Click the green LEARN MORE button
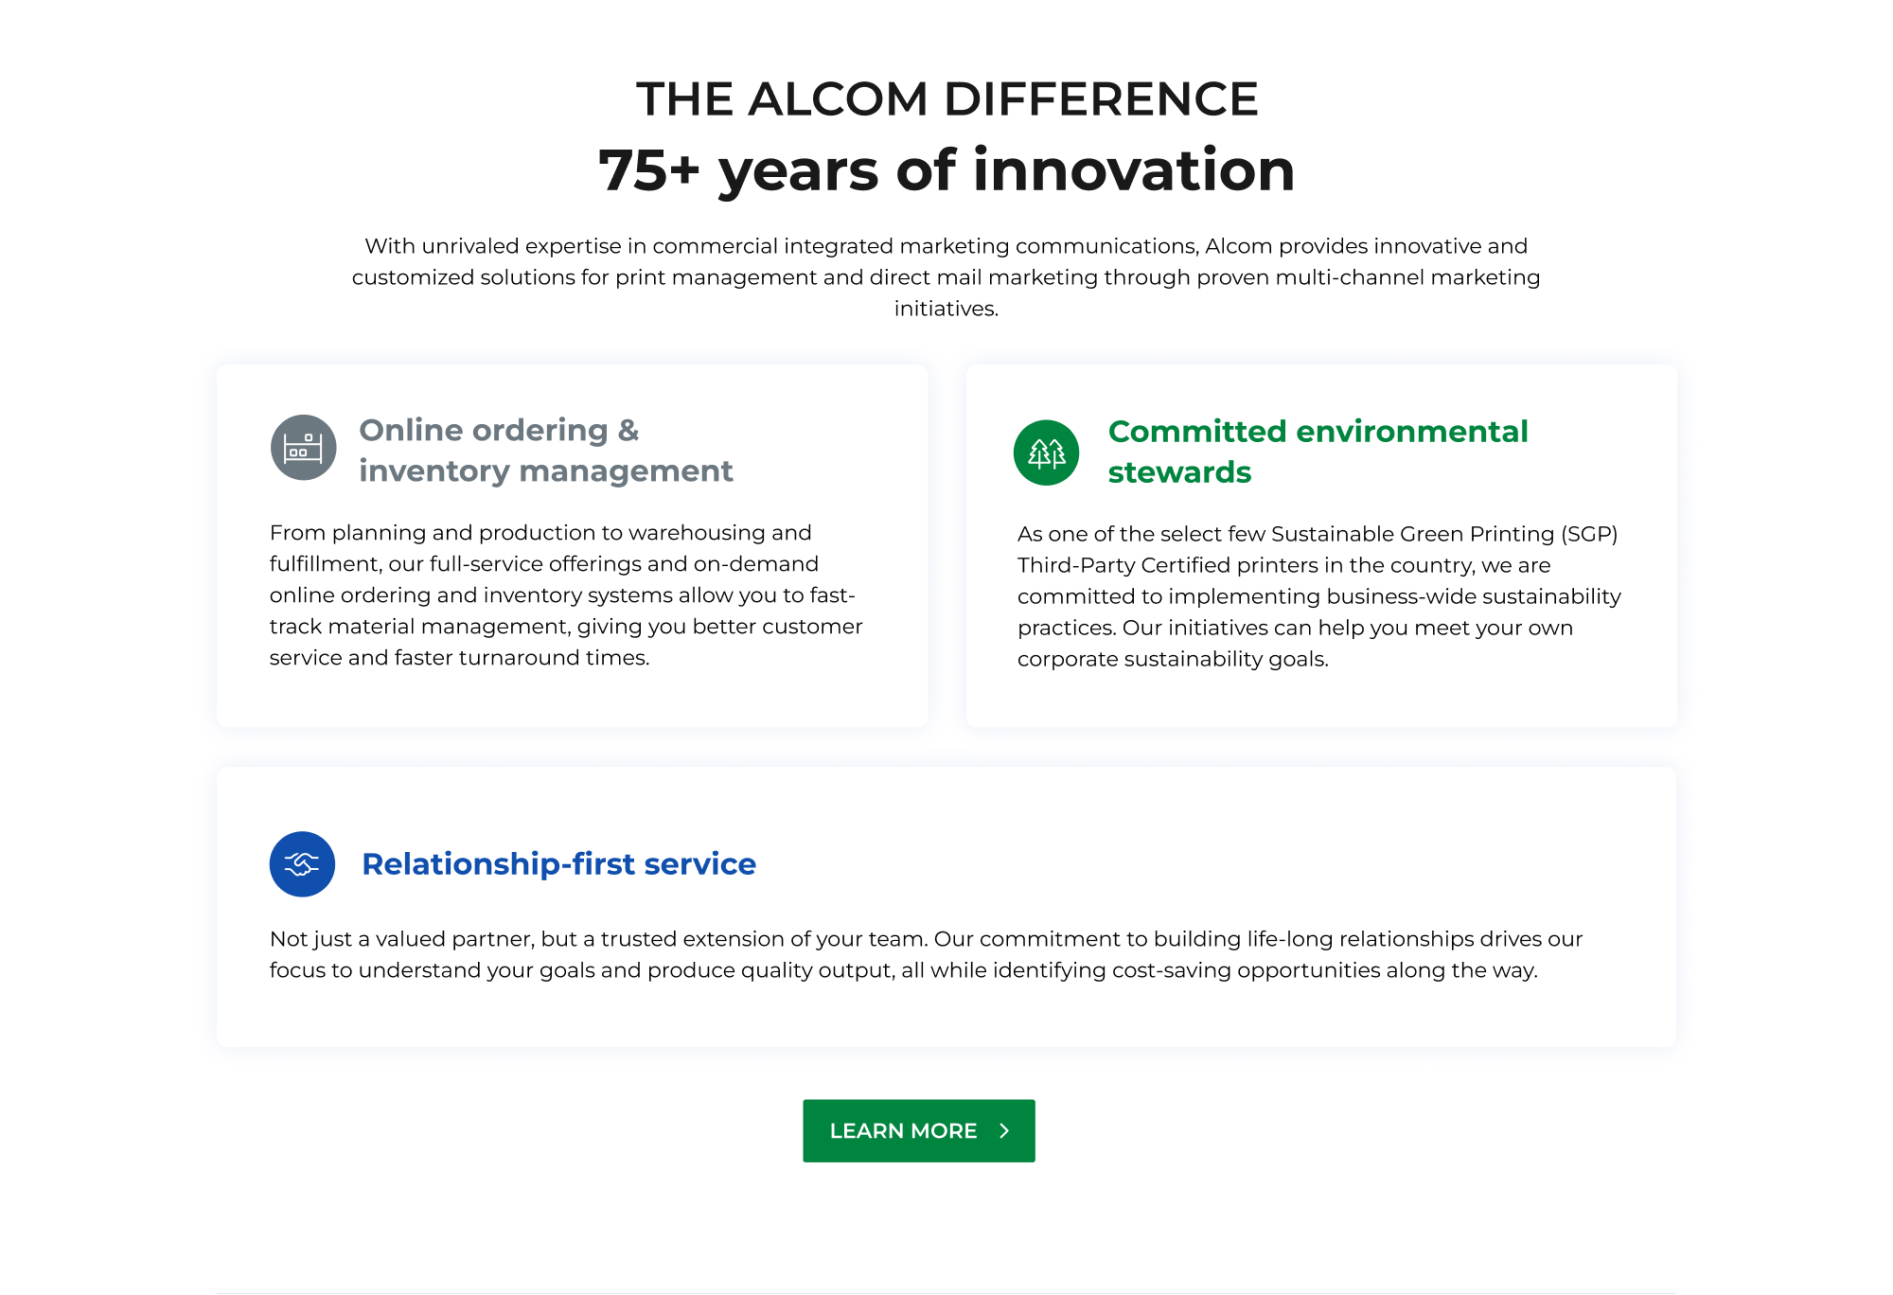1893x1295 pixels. pos(918,1130)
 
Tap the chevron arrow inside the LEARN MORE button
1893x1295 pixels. pos(1004,1130)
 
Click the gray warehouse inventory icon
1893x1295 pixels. pos(303,448)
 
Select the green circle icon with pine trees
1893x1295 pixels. pos(1046,452)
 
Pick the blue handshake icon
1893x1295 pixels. pos(302,864)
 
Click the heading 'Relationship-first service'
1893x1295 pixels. pos(558,864)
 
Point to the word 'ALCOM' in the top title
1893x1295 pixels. pos(838,98)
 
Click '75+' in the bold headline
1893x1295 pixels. pos(649,170)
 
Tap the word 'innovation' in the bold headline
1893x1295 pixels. pos(1134,170)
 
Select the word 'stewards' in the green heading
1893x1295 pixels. pos(1179,471)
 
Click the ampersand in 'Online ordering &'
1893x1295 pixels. pos(628,431)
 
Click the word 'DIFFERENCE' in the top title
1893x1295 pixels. pos(1101,98)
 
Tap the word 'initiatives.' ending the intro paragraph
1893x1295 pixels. pos(946,309)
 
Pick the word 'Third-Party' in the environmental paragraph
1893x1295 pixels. pos(1076,565)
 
